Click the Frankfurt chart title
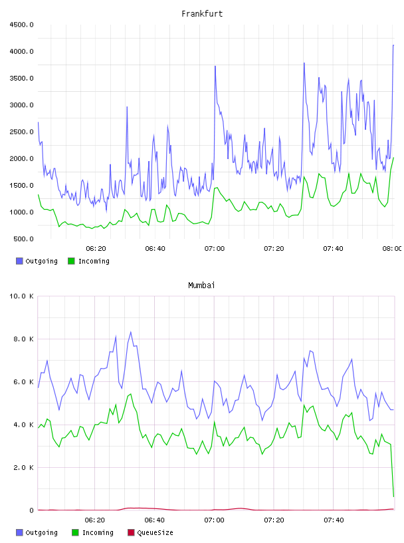coord(202,13)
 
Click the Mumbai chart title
coord(201,285)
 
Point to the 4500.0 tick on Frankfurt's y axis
coord(21,25)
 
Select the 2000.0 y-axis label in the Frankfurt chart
coord(21,158)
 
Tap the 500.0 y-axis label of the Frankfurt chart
coord(23,239)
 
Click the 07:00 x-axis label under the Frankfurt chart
coord(215,248)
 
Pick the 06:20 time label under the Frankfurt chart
coord(96,248)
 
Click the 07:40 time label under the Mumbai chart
coord(334,520)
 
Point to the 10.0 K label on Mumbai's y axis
coord(21,296)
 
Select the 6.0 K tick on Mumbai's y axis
coord(23,382)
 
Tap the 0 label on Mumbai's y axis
coord(31,510)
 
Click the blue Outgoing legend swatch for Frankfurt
coord(19,261)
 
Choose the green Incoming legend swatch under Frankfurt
coord(71,261)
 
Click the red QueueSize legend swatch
coord(131,532)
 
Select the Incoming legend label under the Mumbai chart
coord(98,532)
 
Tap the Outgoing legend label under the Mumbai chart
coord(41,532)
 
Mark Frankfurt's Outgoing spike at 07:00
coord(215,66)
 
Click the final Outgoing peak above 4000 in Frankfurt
coord(393,45)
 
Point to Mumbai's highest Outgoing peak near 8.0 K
coord(131,332)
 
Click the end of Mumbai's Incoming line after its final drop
coord(393,496)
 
